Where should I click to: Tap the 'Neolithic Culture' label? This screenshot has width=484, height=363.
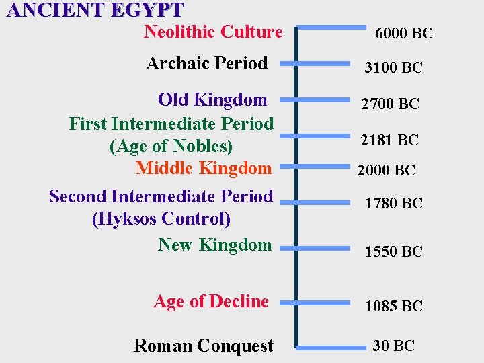(x=213, y=32)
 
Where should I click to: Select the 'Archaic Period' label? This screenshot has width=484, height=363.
(x=207, y=63)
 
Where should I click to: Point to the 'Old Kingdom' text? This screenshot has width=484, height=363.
(x=212, y=99)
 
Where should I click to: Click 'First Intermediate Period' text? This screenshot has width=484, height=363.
(x=171, y=124)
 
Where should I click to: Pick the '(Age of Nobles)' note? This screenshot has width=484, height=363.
(x=171, y=146)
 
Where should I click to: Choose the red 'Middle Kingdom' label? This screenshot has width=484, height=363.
(x=204, y=168)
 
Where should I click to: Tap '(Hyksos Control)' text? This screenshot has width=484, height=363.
(x=161, y=218)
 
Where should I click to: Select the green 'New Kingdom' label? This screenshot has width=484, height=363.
(x=214, y=245)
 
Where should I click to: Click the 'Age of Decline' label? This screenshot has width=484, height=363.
(x=211, y=301)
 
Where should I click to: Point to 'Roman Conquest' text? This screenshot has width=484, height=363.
(x=204, y=346)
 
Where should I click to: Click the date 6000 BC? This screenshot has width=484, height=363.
(x=404, y=33)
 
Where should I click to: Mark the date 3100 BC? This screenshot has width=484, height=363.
(x=393, y=67)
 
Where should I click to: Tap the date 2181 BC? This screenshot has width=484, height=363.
(x=389, y=140)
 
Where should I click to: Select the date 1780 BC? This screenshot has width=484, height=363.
(x=393, y=202)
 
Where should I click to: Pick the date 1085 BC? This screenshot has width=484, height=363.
(x=393, y=306)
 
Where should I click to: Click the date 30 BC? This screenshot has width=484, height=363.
(x=394, y=346)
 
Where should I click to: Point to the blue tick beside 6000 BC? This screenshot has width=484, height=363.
(x=331, y=28)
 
